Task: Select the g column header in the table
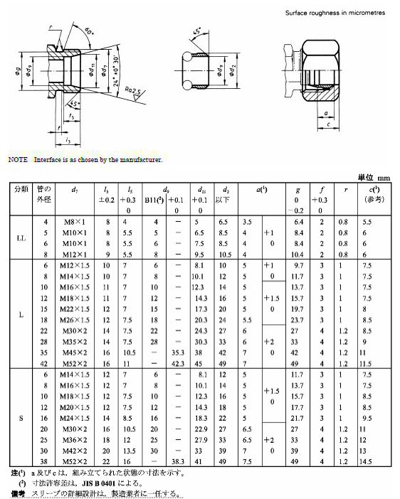tap(297, 190)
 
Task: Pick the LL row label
tap(19, 238)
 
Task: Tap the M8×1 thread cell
tap(75, 222)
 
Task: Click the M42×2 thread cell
tap(76, 451)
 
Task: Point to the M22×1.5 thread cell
tap(76, 310)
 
